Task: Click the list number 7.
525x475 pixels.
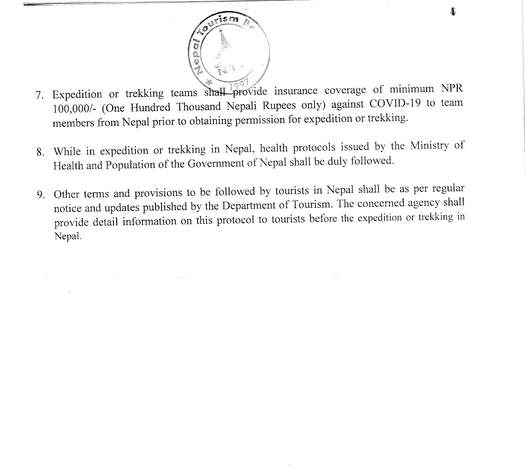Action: [x=39, y=96]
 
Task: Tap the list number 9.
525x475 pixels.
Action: [x=41, y=195]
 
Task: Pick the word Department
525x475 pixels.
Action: [x=246, y=205]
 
